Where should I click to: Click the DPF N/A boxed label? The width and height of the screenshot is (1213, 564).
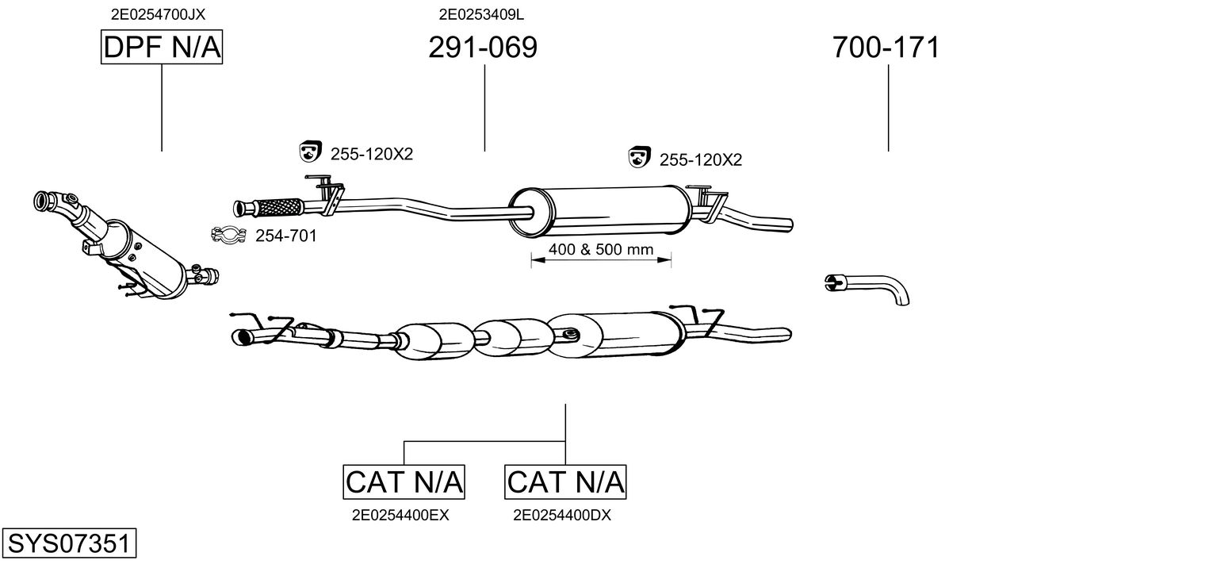[x=162, y=47]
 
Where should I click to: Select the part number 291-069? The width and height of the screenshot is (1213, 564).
[x=483, y=47]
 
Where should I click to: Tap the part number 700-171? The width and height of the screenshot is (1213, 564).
[x=886, y=47]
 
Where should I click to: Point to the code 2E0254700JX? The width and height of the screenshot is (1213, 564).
[x=158, y=14]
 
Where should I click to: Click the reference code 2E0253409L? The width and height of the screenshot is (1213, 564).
[x=481, y=14]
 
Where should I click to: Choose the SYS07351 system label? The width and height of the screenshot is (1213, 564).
[x=69, y=543]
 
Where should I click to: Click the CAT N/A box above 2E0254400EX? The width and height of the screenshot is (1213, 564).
[x=404, y=482]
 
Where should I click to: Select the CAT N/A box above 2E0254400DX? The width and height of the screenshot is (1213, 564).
[x=565, y=482]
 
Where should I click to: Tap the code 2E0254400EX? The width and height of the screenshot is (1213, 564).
[x=400, y=516]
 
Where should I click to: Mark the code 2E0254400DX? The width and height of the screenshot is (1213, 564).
[x=562, y=516]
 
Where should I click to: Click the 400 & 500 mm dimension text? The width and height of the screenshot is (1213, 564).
[x=601, y=249]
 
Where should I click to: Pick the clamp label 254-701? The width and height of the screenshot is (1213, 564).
[x=286, y=236]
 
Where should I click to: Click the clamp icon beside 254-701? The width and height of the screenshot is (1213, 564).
[x=228, y=235]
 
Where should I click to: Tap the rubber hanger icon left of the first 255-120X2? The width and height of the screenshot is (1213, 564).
[x=310, y=152]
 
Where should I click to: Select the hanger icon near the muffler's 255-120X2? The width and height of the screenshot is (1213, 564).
[x=639, y=157]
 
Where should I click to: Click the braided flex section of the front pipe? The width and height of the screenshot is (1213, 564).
[x=278, y=207]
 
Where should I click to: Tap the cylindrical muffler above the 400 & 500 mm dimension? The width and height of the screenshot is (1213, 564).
[x=600, y=212]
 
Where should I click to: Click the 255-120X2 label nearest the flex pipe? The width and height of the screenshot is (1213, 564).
[x=372, y=155]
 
